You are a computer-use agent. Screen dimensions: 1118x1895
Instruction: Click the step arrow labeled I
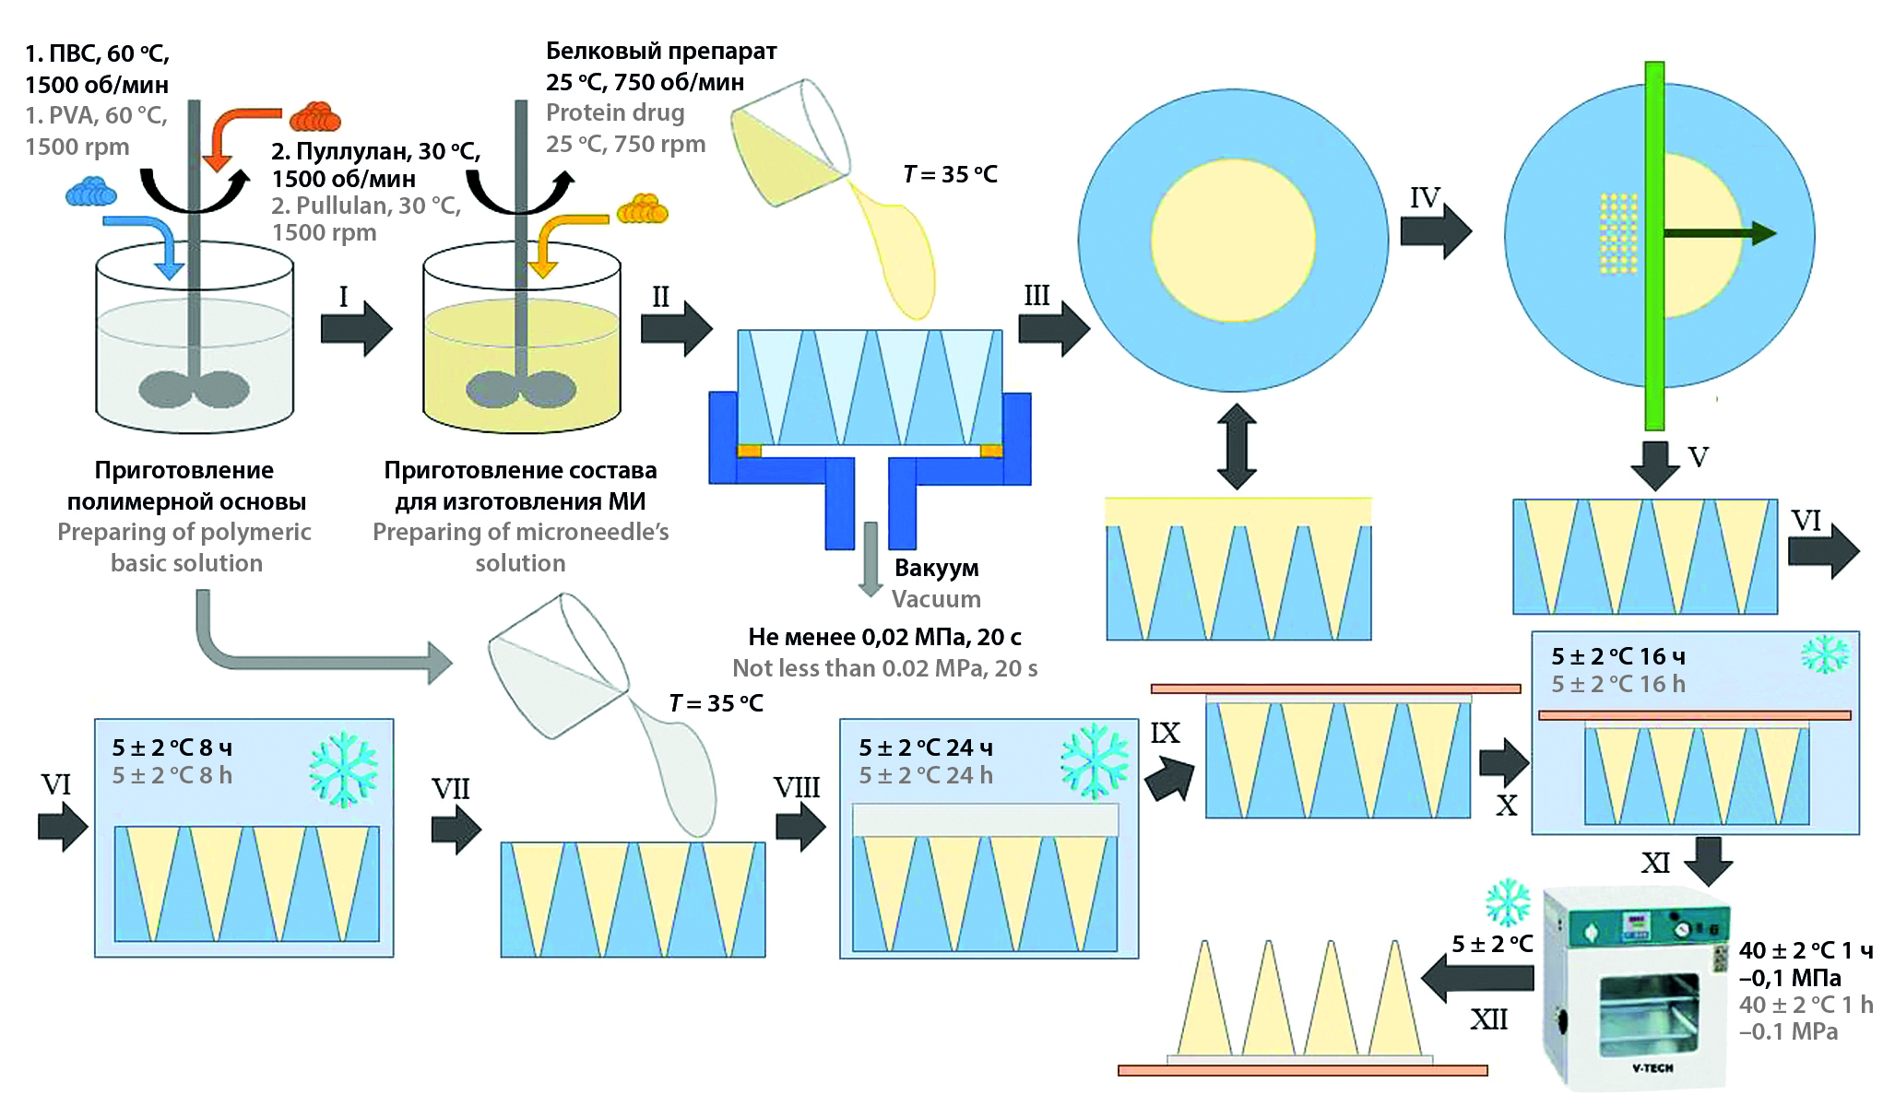coord(356,328)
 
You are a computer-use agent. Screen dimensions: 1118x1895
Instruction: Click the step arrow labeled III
coord(1053,328)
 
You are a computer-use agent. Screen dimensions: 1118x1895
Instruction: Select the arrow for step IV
coord(1435,229)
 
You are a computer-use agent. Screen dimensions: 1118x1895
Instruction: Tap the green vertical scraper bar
coord(1654,245)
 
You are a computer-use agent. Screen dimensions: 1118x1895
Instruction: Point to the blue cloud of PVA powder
coord(90,192)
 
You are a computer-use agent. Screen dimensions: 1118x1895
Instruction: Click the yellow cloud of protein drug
coord(642,209)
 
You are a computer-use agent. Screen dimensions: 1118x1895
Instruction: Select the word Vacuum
coord(936,599)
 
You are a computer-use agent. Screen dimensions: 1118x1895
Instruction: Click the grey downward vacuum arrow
coord(870,559)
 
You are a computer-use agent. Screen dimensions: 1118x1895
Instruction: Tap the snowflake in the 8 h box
coord(343,770)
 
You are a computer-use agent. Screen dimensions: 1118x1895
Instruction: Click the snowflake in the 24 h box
coord(1095,760)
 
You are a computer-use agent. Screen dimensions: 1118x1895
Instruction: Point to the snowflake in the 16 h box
coord(1824,655)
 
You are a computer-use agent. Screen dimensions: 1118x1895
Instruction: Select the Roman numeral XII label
coord(1488,1019)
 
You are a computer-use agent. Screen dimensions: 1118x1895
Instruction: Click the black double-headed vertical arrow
coord(1236,446)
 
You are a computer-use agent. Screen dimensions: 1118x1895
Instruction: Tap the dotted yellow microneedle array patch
coord(1618,233)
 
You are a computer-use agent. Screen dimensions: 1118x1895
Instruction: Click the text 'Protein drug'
coord(615,112)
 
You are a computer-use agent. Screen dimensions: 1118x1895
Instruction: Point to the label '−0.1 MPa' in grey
coord(1788,1031)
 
